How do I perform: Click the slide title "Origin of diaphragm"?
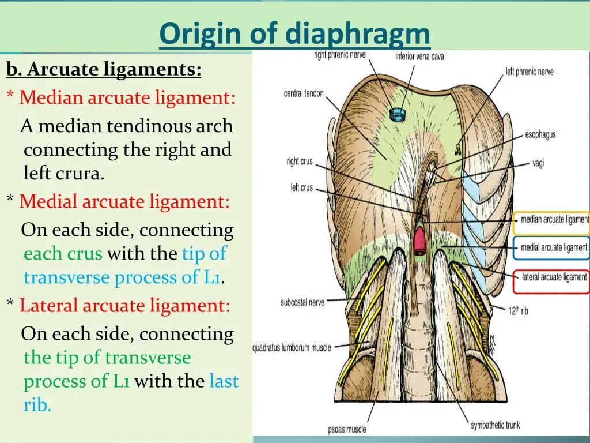click(x=294, y=35)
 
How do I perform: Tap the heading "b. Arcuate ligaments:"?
click(x=104, y=70)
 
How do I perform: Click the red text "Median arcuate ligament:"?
click(x=127, y=97)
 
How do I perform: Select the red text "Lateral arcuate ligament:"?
click(x=124, y=305)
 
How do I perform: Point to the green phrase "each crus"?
click(x=63, y=254)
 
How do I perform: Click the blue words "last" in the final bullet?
click(x=224, y=381)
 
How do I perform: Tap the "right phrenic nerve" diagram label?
click(x=340, y=55)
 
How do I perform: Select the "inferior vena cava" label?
click(x=419, y=56)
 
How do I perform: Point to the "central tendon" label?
click(x=304, y=93)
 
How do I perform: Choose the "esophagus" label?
click(x=540, y=134)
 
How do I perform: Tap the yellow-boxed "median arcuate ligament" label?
click(x=554, y=220)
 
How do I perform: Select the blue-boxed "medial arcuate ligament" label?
click(x=553, y=247)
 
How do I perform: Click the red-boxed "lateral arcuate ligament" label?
click(x=553, y=277)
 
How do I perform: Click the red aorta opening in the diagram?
click(x=419, y=240)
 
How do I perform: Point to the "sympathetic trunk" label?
click(x=495, y=425)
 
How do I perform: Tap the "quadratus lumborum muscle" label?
click(x=292, y=348)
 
